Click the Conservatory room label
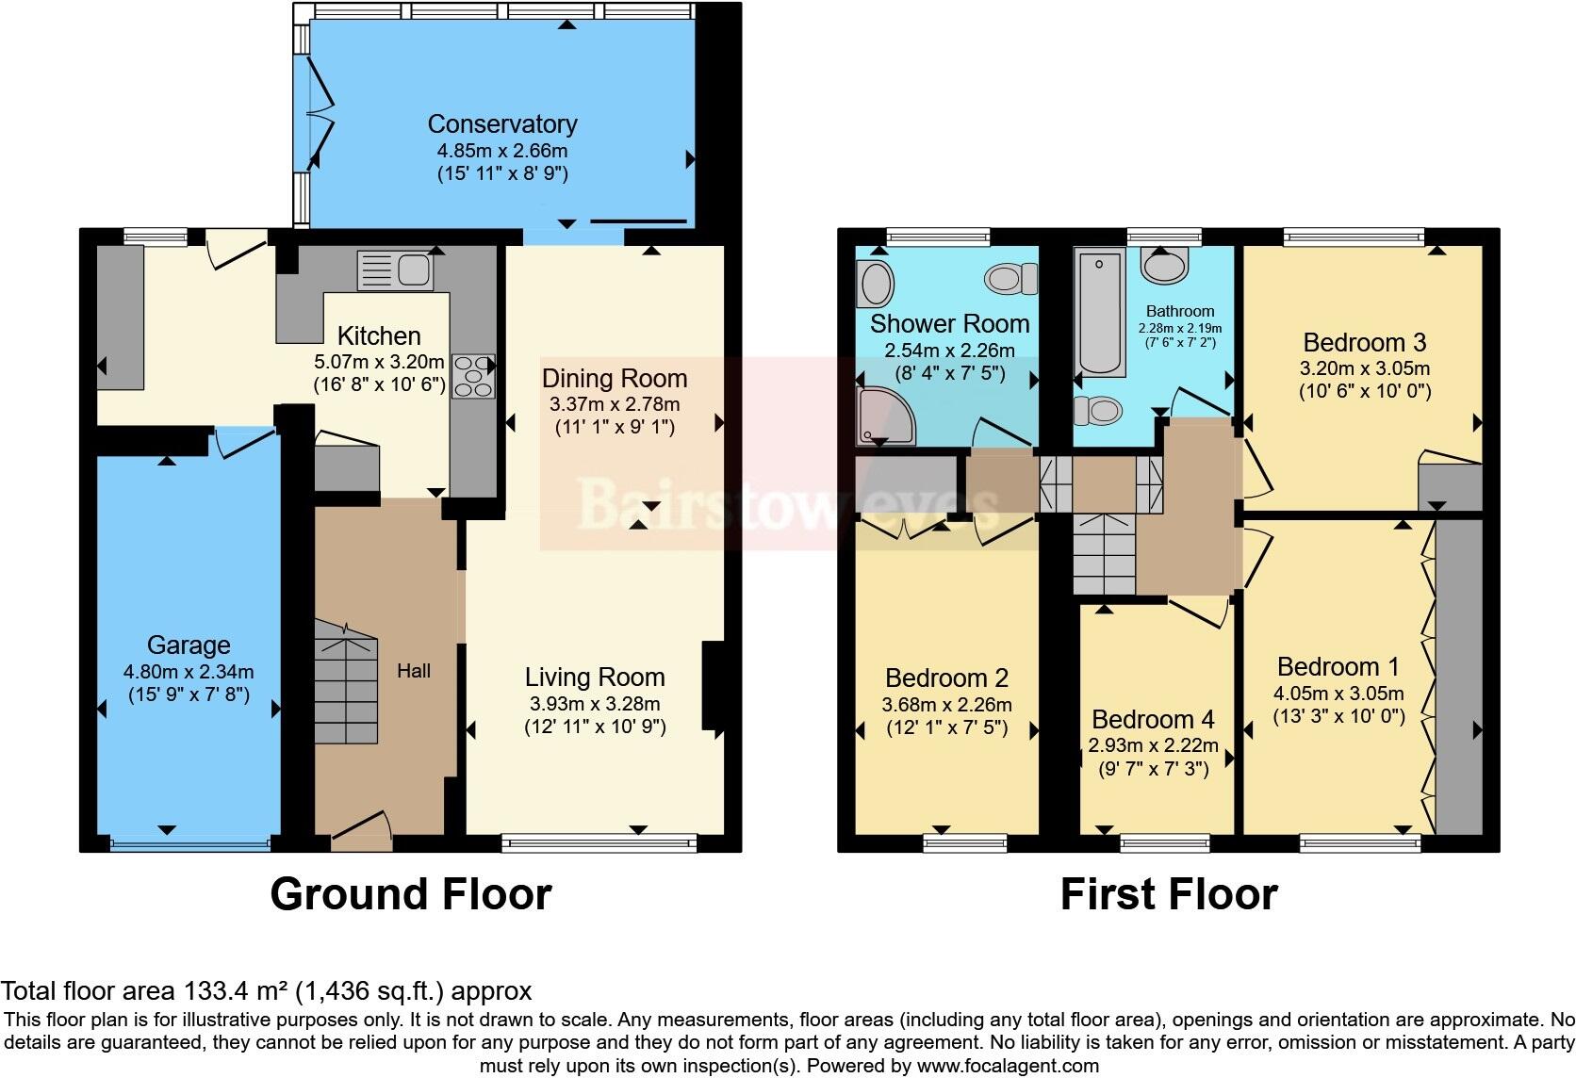click(x=502, y=124)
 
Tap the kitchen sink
click(x=395, y=270)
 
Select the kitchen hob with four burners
click(x=473, y=376)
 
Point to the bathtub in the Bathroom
click(x=1099, y=312)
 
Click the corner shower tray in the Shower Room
click(x=885, y=416)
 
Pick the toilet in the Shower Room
click(x=1011, y=279)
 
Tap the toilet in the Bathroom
click(x=1097, y=411)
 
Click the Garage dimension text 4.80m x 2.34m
click(x=189, y=672)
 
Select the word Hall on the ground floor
click(x=414, y=671)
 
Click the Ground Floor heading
click(x=411, y=893)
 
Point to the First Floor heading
click(x=1169, y=893)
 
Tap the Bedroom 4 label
click(x=1153, y=719)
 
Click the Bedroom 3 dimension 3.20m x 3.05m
click(x=1364, y=368)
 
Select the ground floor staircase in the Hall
click(x=345, y=681)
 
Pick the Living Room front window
click(x=599, y=842)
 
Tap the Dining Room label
click(x=615, y=378)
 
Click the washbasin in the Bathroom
click(x=1164, y=265)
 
